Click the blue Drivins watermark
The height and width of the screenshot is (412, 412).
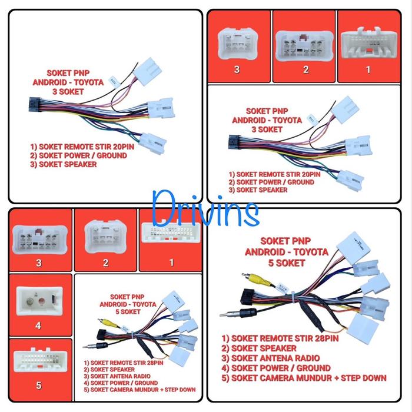(x=205, y=207)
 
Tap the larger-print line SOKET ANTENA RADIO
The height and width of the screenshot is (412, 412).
(x=271, y=358)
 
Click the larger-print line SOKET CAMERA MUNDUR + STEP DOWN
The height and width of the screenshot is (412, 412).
(x=304, y=377)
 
